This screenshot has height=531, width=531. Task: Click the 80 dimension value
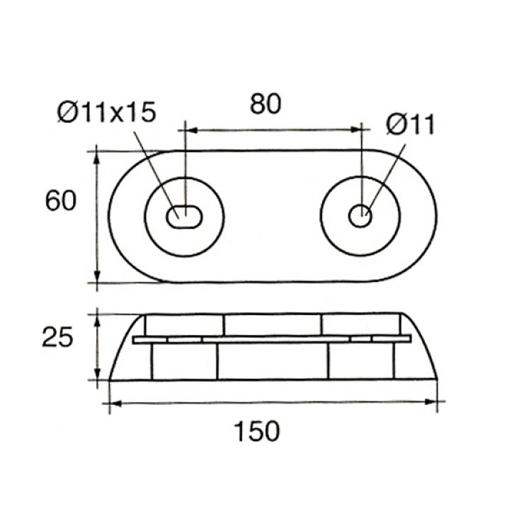click(x=265, y=104)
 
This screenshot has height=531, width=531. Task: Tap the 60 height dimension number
click(x=61, y=200)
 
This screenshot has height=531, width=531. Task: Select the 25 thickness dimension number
click(x=57, y=337)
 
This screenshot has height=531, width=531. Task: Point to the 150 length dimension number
click(x=257, y=431)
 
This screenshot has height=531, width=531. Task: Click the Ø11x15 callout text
click(x=107, y=112)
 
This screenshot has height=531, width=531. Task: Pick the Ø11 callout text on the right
click(x=410, y=125)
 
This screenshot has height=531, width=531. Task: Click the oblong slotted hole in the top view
click(x=184, y=217)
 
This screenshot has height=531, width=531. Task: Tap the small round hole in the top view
click(x=360, y=216)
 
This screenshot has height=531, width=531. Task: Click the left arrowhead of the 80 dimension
click(x=193, y=130)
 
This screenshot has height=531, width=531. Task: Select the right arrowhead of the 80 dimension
click(x=355, y=130)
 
